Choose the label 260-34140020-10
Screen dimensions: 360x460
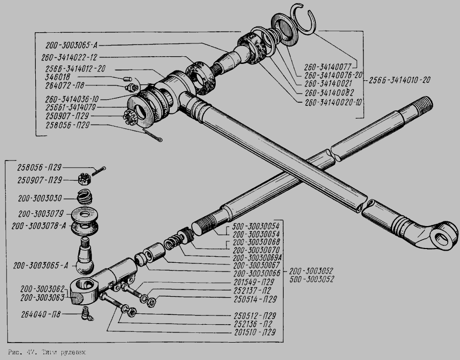[333, 102]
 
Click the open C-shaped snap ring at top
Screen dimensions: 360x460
[308, 19]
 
